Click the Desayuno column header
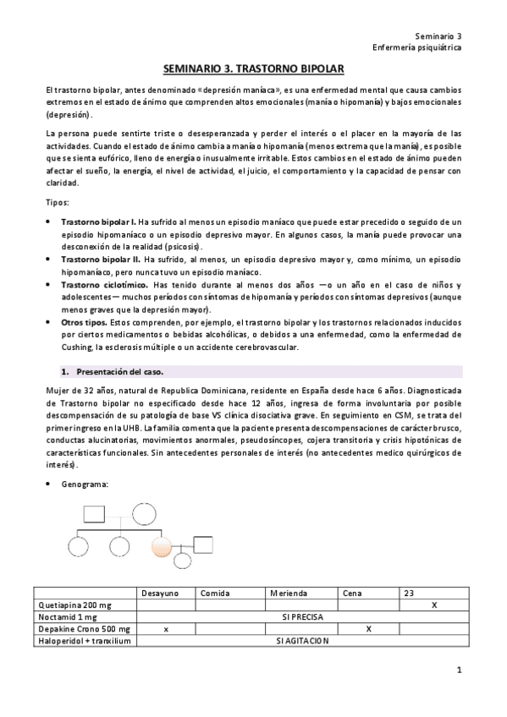click(160, 594)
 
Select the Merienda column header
click(289, 594)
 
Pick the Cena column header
click(352, 594)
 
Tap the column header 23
click(410, 594)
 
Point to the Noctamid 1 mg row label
click(63, 617)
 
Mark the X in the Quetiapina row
click(434, 605)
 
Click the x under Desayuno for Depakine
click(166, 629)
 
